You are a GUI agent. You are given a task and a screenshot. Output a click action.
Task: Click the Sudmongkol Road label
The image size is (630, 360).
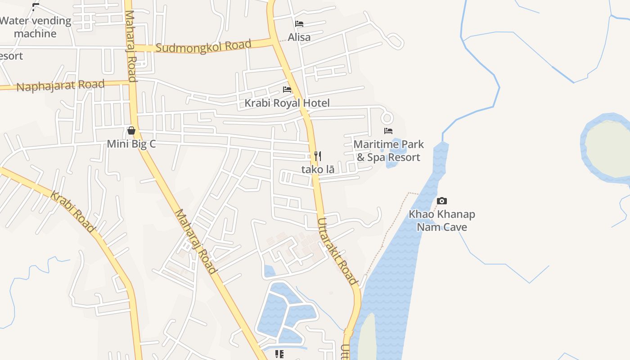pos(203,46)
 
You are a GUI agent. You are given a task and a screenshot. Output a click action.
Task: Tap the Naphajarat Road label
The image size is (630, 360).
pos(60,85)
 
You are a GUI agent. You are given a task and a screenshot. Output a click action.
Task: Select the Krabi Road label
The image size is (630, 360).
pos(72,212)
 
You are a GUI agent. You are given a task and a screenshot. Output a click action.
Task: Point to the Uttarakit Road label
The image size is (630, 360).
pos(337,252)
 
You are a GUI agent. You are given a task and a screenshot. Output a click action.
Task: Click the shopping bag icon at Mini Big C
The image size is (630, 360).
pos(131,130)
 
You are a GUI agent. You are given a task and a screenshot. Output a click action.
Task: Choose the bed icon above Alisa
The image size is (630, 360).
pos(299,24)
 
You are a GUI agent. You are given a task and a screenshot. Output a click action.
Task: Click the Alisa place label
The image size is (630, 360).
pos(299,37)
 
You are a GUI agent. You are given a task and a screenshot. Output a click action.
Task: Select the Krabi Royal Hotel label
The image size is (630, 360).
pos(287,103)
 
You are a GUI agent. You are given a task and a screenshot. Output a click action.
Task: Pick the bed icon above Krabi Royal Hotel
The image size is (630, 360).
pos(287,90)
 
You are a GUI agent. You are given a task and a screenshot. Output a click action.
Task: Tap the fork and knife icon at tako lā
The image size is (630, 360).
pos(318,156)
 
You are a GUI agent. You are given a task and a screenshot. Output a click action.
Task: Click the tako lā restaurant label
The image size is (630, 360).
pos(318,170)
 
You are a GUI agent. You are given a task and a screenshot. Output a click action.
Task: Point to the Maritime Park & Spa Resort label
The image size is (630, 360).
pos(389,151)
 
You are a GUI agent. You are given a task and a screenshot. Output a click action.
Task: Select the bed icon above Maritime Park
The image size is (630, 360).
pos(388,131)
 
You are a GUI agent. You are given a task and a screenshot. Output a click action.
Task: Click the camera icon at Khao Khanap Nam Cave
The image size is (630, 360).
pos(442,201)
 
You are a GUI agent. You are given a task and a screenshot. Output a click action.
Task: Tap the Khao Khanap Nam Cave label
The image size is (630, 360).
pos(442,220)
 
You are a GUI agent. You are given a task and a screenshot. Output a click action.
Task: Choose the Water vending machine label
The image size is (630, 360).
pos(35,27)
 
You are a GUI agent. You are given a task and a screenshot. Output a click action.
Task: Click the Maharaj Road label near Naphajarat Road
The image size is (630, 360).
pos(130,45)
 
